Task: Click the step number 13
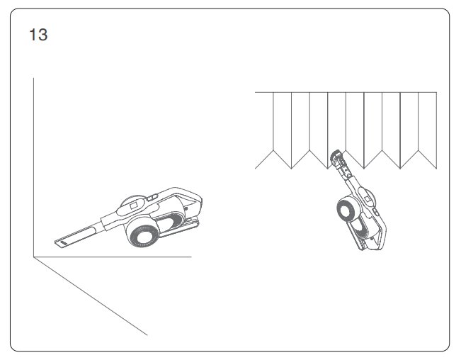tap(38, 35)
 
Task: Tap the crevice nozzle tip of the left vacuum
tap(61, 243)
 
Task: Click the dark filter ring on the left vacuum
tap(144, 235)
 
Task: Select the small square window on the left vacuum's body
tap(134, 206)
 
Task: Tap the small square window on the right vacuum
tap(368, 198)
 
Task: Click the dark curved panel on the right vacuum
tap(363, 227)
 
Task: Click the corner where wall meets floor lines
tap(33, 257)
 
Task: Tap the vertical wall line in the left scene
tap(33, 167)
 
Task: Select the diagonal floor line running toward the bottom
tap(91, 296)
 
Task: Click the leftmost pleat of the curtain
tap(264, 130)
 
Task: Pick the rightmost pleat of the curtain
tap(428, 130)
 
